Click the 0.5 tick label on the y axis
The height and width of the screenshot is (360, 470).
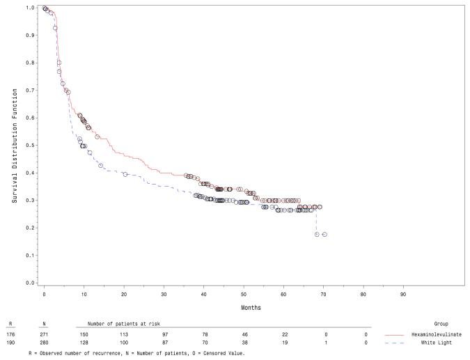30,146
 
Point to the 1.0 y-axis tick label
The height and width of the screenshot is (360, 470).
30,8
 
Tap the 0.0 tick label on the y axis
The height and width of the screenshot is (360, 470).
30,283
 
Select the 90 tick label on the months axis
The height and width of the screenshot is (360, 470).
403,295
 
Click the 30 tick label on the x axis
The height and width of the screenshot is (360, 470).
164,295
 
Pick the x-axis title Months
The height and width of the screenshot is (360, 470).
251,308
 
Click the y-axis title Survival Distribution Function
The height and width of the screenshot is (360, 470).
15,146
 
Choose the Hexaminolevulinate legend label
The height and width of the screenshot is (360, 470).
437,334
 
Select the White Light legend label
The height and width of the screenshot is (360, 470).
436,343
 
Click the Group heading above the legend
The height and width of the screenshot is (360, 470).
441,324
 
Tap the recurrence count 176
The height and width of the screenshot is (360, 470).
10,334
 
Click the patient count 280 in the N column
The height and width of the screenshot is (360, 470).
44,343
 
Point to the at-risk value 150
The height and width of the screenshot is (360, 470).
84,334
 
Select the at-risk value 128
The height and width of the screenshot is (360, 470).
84,343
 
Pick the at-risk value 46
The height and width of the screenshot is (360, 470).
244,334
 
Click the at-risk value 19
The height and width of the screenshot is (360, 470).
285,343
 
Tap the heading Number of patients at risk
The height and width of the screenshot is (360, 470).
123,324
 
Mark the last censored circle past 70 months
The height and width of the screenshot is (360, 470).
324,235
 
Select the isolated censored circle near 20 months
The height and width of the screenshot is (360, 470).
125,174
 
